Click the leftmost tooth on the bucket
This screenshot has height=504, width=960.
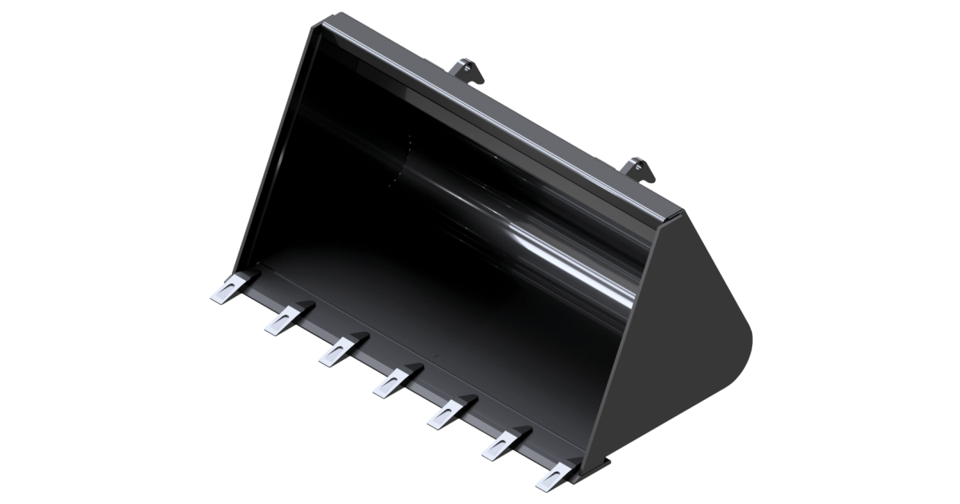click(229, 289)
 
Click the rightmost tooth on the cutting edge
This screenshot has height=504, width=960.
click(555, 473)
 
